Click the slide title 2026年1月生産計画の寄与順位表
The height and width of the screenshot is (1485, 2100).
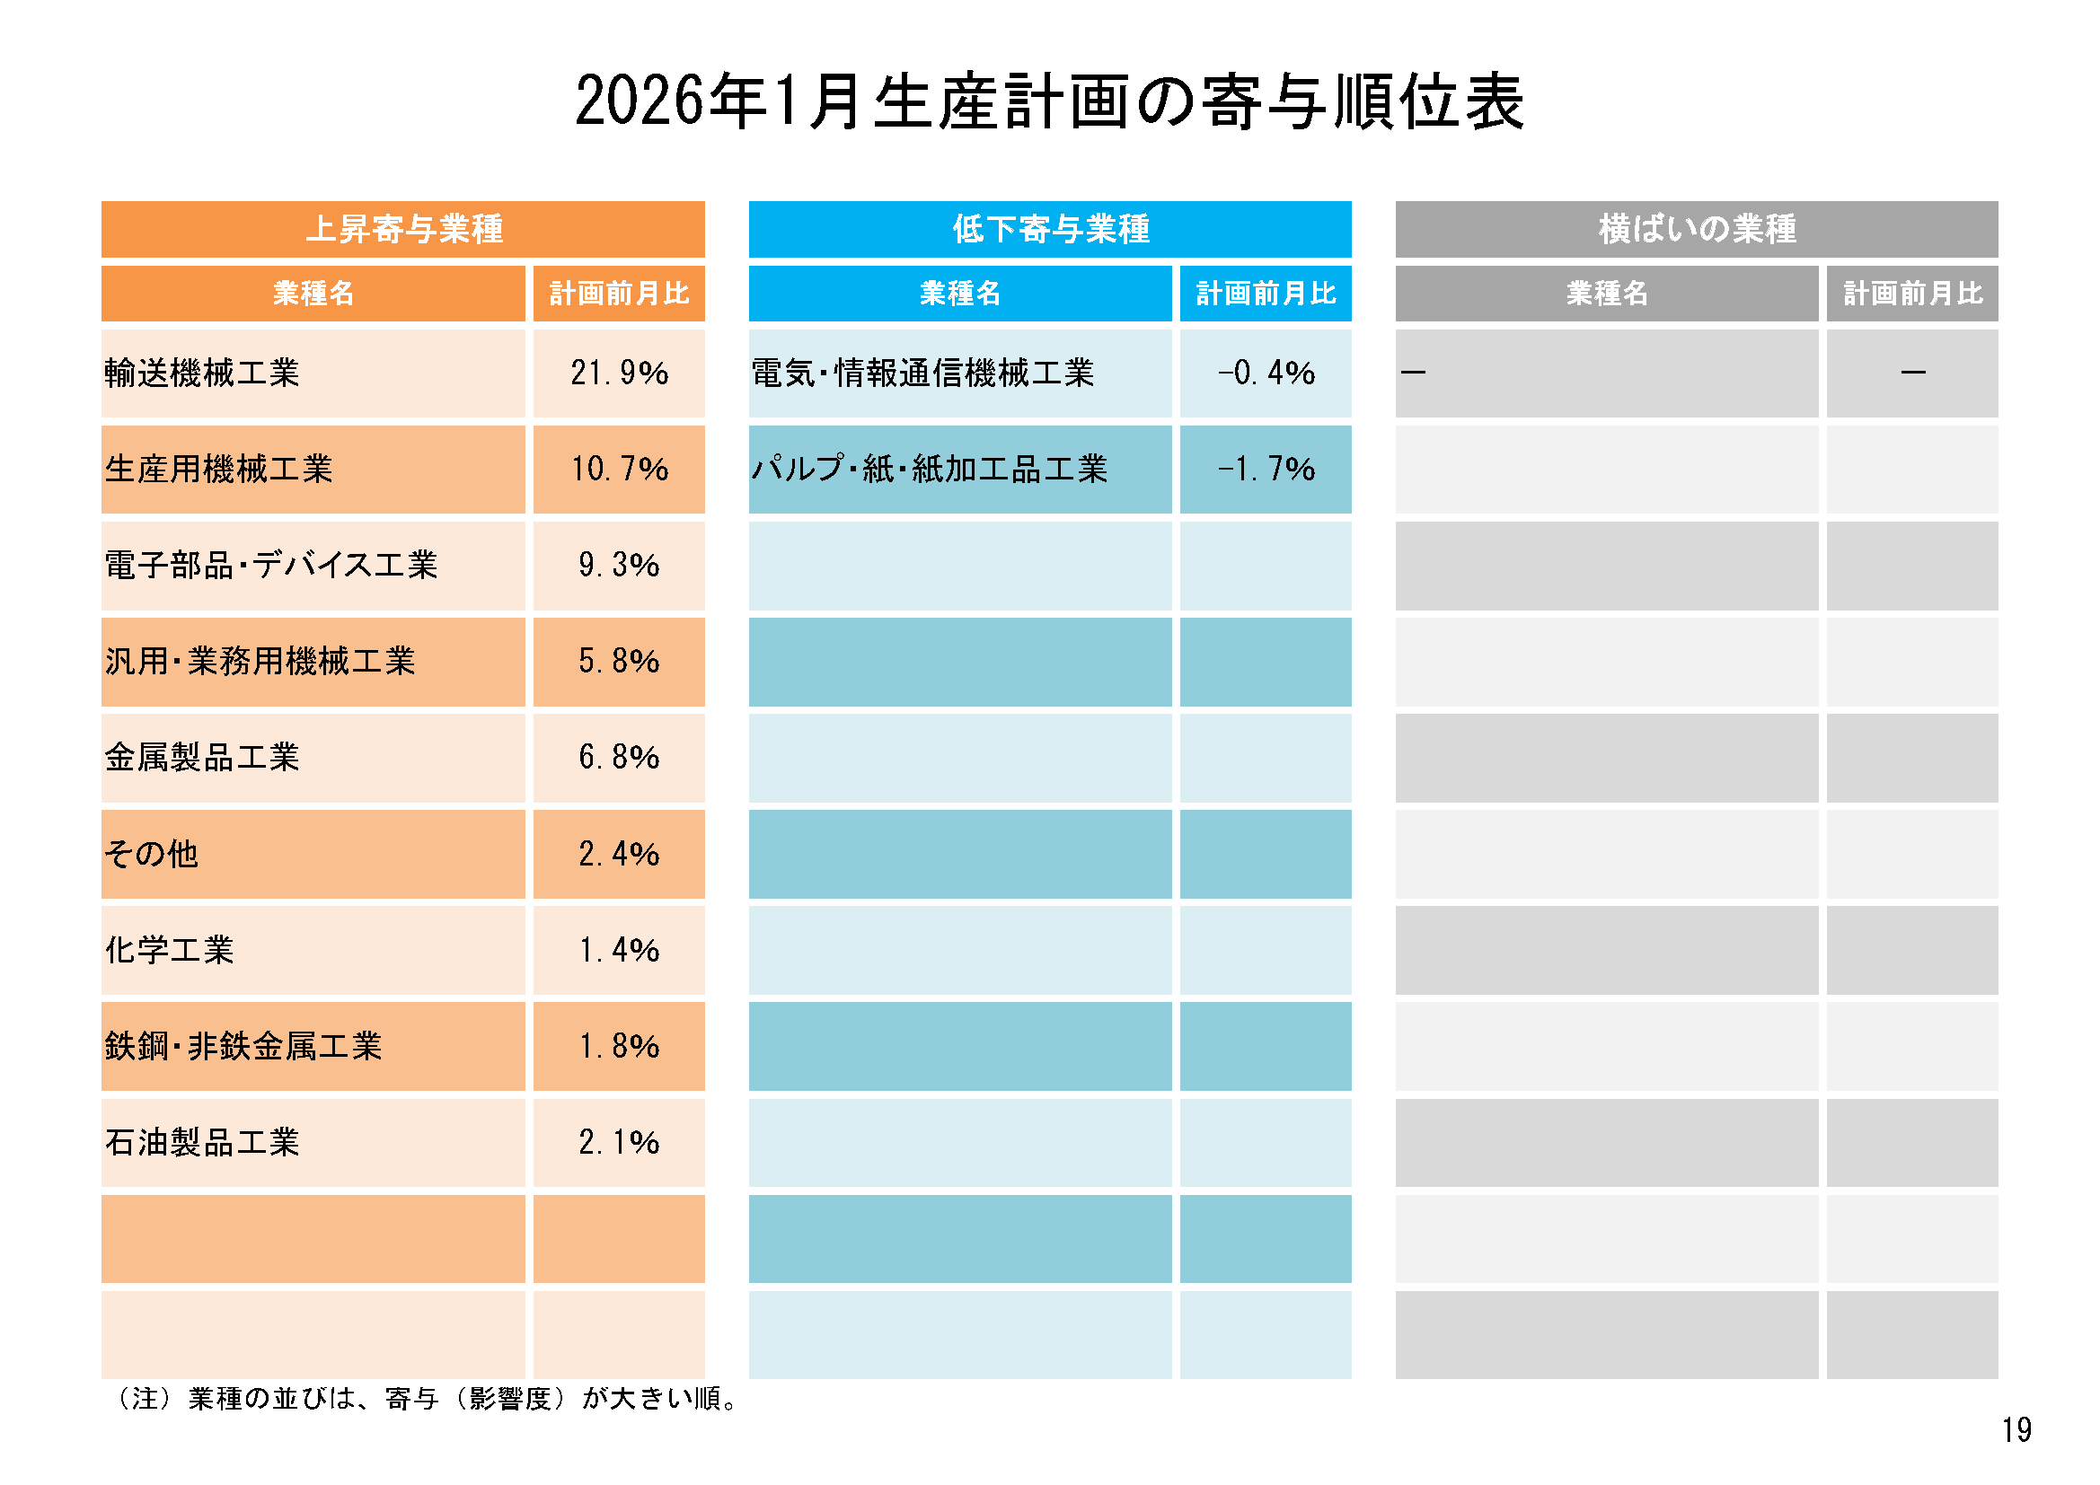click(1049, 101)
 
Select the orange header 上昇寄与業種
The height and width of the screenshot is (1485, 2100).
click(403, 229)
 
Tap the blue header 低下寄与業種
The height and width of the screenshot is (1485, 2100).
click(1050, 229)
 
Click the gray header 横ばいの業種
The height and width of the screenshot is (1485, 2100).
click(1697, 229)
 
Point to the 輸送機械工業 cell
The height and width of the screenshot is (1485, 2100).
click(202, 373)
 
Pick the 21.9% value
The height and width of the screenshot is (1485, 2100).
click(619, 373)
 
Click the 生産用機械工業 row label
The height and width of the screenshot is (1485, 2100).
click(218, 469)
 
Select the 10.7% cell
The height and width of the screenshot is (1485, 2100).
click(619, 469)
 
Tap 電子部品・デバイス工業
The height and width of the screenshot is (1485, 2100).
click(270, 565)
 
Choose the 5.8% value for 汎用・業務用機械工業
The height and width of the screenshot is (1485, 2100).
click(619, 661)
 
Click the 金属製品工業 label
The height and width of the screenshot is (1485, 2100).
click(202, 757)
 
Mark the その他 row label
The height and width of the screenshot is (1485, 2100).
click(151, 854)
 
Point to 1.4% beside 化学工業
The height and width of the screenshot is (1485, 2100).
click(619, 950)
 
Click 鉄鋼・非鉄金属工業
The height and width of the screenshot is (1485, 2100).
click(243, 1046)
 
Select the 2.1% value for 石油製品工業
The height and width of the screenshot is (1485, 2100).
click(619, 1142)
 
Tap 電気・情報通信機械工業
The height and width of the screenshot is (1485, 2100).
click(922, 373)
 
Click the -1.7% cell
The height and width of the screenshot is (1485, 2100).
click(1266, 469)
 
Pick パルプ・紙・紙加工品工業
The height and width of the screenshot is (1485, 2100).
click(930, 469)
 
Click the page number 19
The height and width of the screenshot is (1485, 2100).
click(2016, 1430)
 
